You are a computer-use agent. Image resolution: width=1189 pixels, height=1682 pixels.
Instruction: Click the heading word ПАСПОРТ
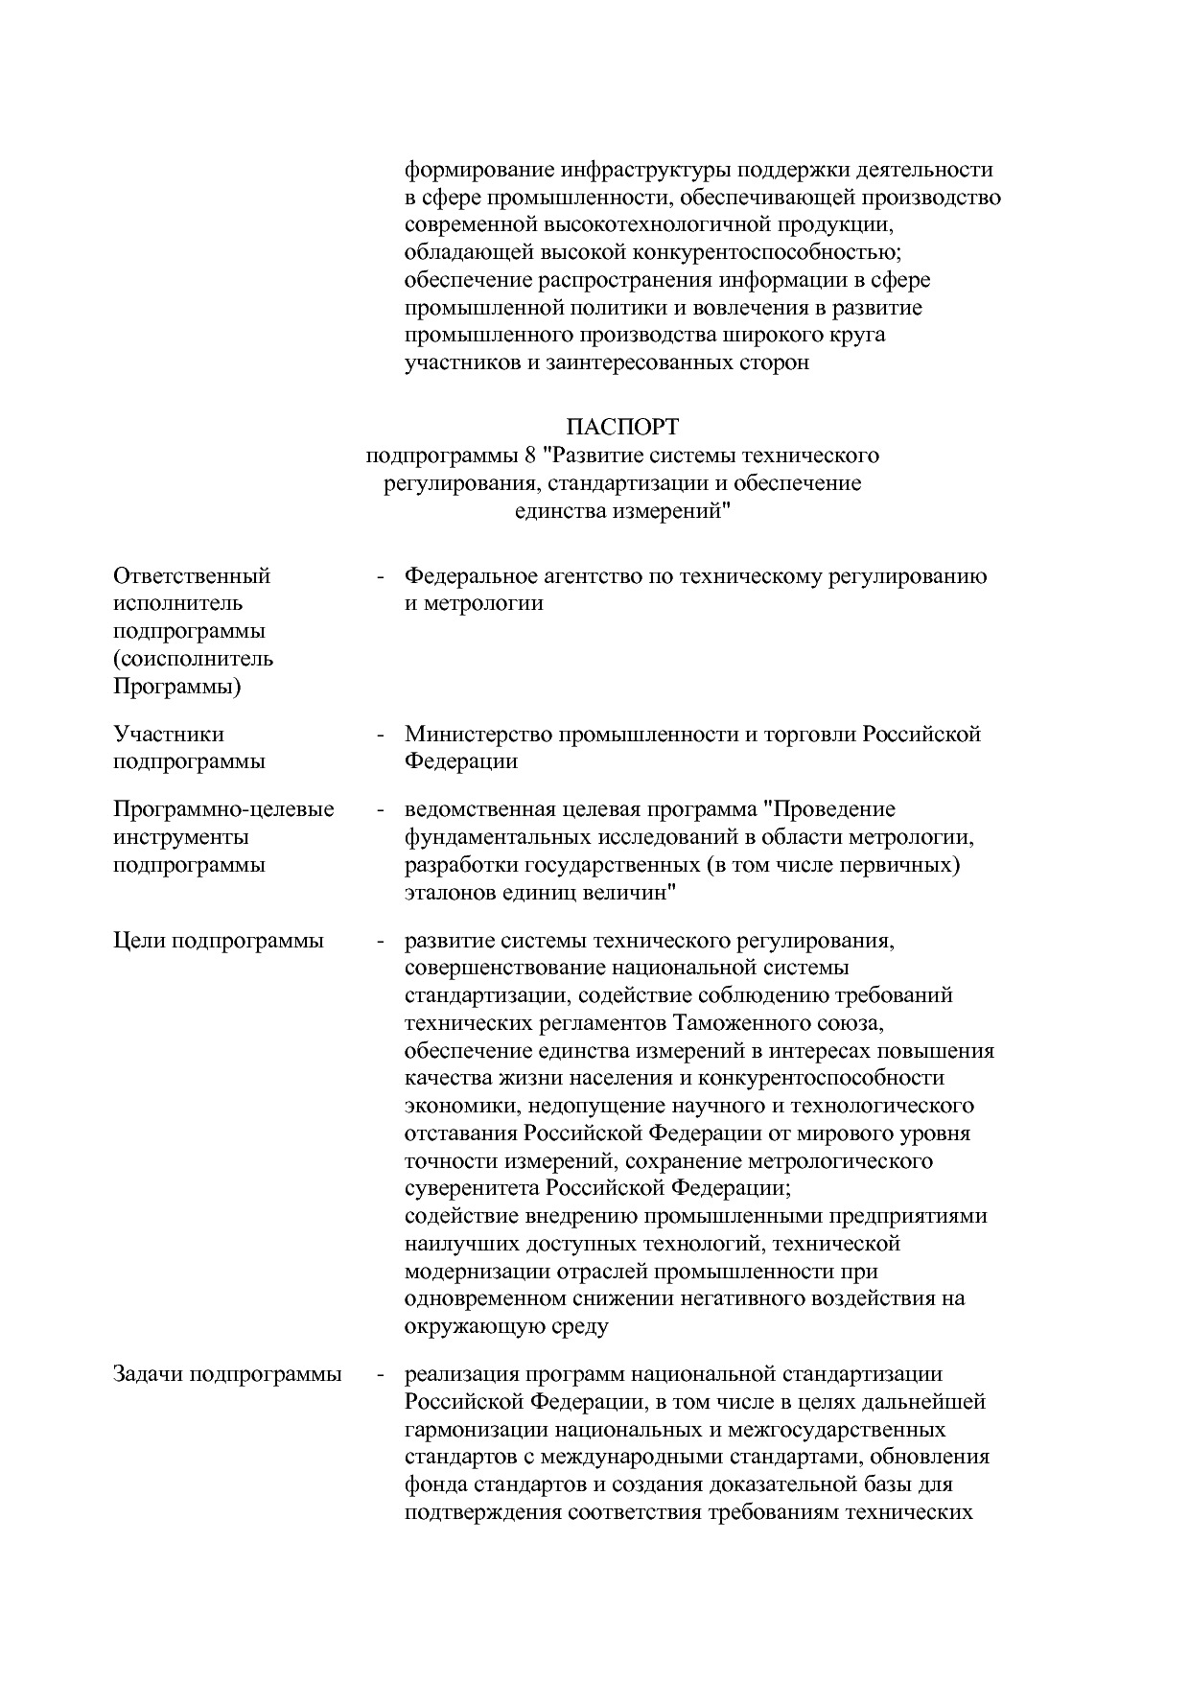622,425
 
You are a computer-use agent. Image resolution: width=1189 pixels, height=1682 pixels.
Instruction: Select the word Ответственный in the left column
192,575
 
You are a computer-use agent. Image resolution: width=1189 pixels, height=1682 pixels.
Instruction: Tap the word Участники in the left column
169,734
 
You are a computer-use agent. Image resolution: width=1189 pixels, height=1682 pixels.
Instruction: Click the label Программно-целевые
223,808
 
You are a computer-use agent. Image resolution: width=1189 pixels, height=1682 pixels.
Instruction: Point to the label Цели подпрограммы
219,940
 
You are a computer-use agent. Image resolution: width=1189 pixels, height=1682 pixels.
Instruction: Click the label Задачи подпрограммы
227,1373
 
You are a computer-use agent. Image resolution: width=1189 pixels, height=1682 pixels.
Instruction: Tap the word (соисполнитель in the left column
193,659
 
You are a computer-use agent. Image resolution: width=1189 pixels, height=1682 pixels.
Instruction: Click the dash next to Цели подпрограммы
381,941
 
